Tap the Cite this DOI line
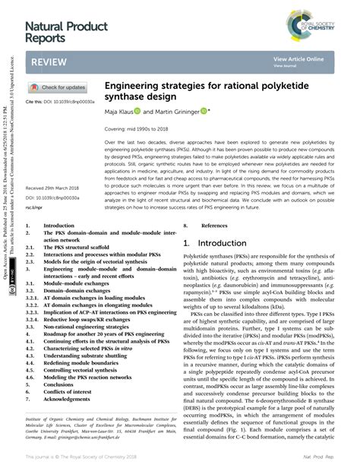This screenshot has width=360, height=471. coord(61,101)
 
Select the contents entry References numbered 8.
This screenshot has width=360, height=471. coord(213,226)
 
